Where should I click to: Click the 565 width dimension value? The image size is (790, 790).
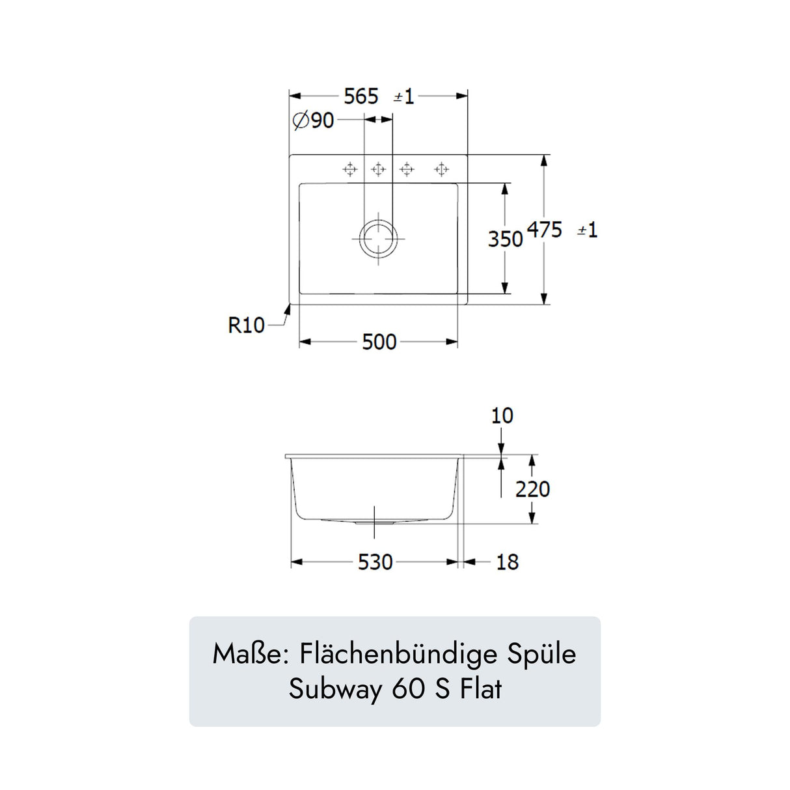361,97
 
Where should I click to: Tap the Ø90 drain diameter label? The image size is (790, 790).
314,121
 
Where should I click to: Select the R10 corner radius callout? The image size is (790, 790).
246,325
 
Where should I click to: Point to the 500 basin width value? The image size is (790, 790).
379,342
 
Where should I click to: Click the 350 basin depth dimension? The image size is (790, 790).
506,239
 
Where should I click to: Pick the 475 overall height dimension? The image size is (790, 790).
545,230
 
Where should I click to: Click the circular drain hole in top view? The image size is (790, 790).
378,238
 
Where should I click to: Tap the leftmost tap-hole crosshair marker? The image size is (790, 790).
349,169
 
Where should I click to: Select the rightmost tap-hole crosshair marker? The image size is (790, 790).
441,169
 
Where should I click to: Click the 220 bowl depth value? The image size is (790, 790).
532,489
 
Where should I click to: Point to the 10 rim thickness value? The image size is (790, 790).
502,416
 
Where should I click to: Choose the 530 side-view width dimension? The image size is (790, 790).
375,562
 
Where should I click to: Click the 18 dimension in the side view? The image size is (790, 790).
508,562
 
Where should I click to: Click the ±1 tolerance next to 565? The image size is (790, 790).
404,97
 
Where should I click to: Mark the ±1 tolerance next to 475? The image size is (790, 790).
588,230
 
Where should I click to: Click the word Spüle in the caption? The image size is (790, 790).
541,655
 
